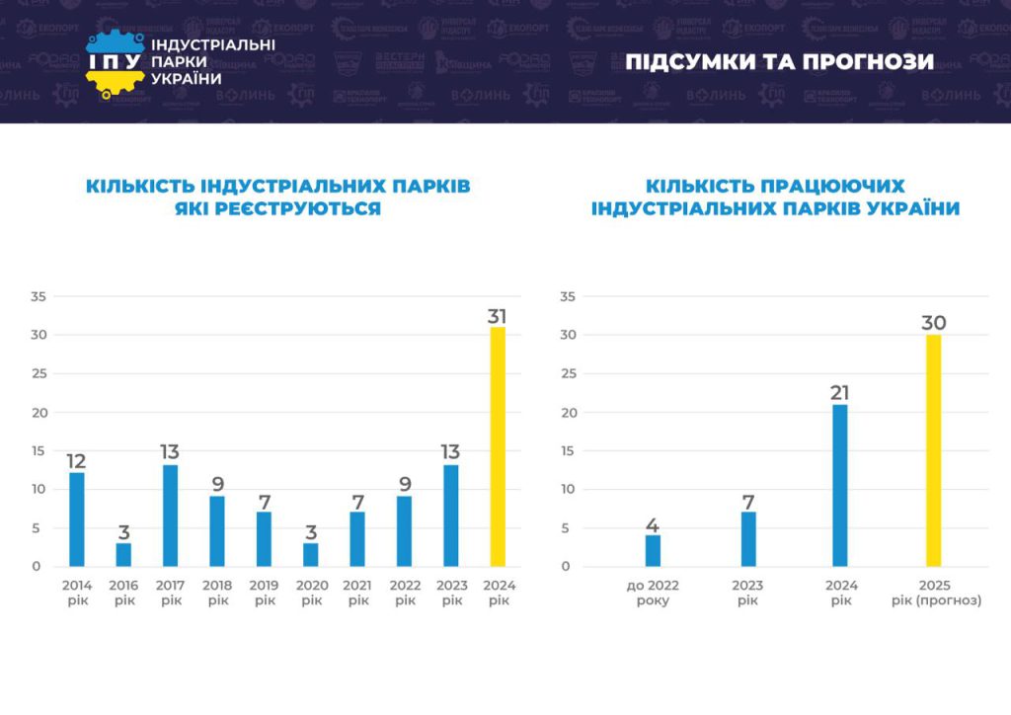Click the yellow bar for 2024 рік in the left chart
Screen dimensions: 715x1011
(498, 446)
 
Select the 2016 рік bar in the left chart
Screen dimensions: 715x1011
(123, 554)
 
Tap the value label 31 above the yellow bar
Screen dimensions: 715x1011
(498, 316)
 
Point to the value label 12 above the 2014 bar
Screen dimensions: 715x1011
(77, 461)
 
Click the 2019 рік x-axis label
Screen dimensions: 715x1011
(264, 593)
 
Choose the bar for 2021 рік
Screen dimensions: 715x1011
(357, 538)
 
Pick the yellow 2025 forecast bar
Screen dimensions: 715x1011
(933, 450)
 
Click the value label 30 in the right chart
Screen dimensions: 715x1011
(933, 323)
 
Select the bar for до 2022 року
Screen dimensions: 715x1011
(653, 550)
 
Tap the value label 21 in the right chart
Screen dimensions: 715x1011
(839, 393)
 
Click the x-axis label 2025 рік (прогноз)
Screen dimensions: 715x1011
(934, 593)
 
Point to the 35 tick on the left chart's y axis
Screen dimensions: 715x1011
(39, 296)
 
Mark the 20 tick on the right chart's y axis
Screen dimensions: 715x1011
(568, 412)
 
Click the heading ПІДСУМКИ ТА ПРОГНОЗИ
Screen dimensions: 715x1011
(779, 62)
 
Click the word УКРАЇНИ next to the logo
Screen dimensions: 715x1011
(187, 79)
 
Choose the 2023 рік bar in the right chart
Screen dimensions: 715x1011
(748, 538)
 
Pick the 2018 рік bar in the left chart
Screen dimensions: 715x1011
(217, 530)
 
